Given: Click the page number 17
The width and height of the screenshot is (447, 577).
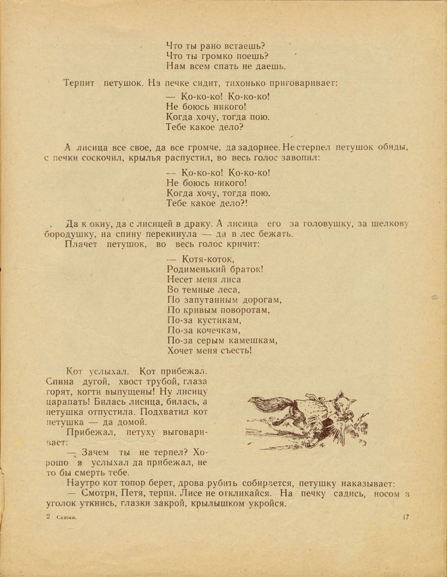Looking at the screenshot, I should pos(405,517).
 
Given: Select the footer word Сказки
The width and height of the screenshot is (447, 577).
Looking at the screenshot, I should pos(67,518).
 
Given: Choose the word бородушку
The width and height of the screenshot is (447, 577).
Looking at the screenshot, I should pos(69,234).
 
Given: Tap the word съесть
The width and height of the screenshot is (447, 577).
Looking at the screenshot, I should pos(234,350).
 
